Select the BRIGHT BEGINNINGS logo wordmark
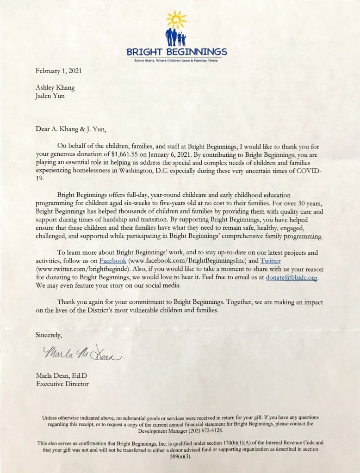click(178, 51)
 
